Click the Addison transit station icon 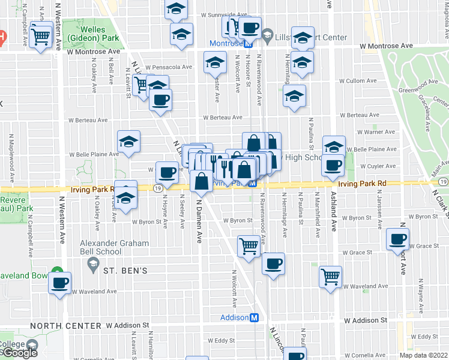click(255, 317)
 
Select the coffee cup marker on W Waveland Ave click(59, 283)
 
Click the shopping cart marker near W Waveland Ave click(330, 277)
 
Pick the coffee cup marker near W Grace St click(397, 239)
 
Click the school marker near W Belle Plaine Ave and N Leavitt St click(128, 142)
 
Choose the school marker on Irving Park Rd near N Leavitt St click(125, 196)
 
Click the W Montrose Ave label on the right click(387, 46)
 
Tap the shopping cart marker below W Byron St click(249, 245)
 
